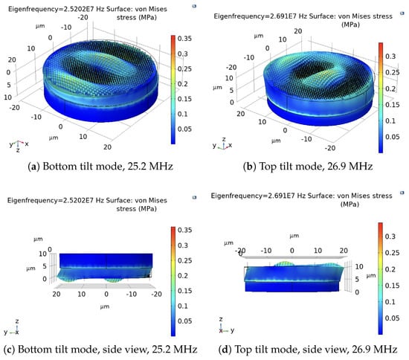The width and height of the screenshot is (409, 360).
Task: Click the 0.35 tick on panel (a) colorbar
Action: click(184, 39)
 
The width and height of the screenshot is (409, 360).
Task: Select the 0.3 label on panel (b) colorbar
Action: click(390, 57)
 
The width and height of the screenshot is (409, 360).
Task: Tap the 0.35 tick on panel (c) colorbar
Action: click(184, 230)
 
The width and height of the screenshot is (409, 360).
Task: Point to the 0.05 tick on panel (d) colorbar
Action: click(393, 318)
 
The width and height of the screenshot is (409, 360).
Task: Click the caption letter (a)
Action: click(33, 166)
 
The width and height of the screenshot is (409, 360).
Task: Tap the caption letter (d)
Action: click(225, 349)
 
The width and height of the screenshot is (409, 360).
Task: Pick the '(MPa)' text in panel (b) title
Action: click(350, 25)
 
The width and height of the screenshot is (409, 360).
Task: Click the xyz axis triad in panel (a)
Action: click(19, 145)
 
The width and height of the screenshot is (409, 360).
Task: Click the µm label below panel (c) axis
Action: click(105, 306)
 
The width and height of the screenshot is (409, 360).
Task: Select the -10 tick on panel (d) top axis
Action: click(266, 251)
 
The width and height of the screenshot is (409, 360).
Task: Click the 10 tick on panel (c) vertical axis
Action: click(42, 254)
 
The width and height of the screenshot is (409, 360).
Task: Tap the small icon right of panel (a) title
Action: click(194, 6)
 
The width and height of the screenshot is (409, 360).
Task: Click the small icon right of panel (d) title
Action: click(402, 193)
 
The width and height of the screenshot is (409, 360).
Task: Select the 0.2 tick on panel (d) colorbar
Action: click(390, 269)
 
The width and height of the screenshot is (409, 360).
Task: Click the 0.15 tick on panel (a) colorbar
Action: click(184, 99)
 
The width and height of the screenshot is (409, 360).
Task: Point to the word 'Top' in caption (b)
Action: click(268, 167)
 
